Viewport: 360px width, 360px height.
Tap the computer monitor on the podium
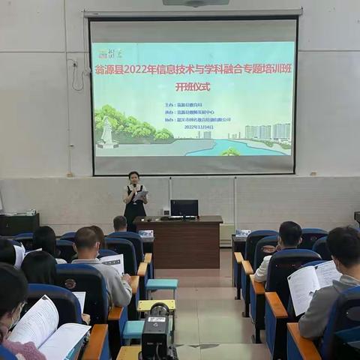coord(184,208)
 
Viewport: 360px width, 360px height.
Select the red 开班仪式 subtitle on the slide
coord(193,86)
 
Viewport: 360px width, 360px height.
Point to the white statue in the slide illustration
coord(107,133)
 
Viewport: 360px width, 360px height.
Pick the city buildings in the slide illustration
coord(268,132)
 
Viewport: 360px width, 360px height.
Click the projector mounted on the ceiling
coord(195,2)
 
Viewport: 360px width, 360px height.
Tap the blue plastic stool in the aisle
coord(161,286)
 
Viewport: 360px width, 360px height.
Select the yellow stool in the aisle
coord(156,306)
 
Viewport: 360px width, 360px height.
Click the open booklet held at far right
coord(313,283)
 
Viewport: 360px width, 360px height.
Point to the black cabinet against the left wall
coord(19,223)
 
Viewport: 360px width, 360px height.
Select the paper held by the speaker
coord(141,196)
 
